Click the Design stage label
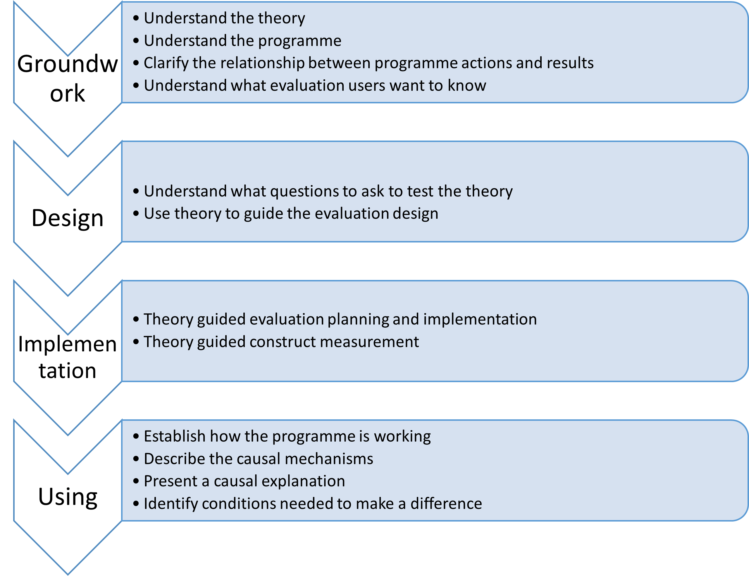[x=68, y=218]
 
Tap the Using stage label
[x=68, y=497]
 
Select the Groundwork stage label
[x=68, y=78]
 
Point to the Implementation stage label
[x=68, y=357]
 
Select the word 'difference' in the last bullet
[x=446, y=504]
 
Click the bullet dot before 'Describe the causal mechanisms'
[x=136, y=459]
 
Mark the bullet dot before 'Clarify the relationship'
[x=136, y=63]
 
